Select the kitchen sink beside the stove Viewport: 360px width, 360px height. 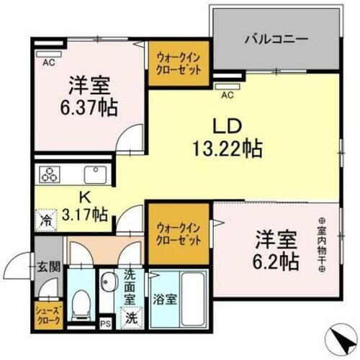tap(95, 175)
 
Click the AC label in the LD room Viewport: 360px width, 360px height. tap(226, 94)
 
